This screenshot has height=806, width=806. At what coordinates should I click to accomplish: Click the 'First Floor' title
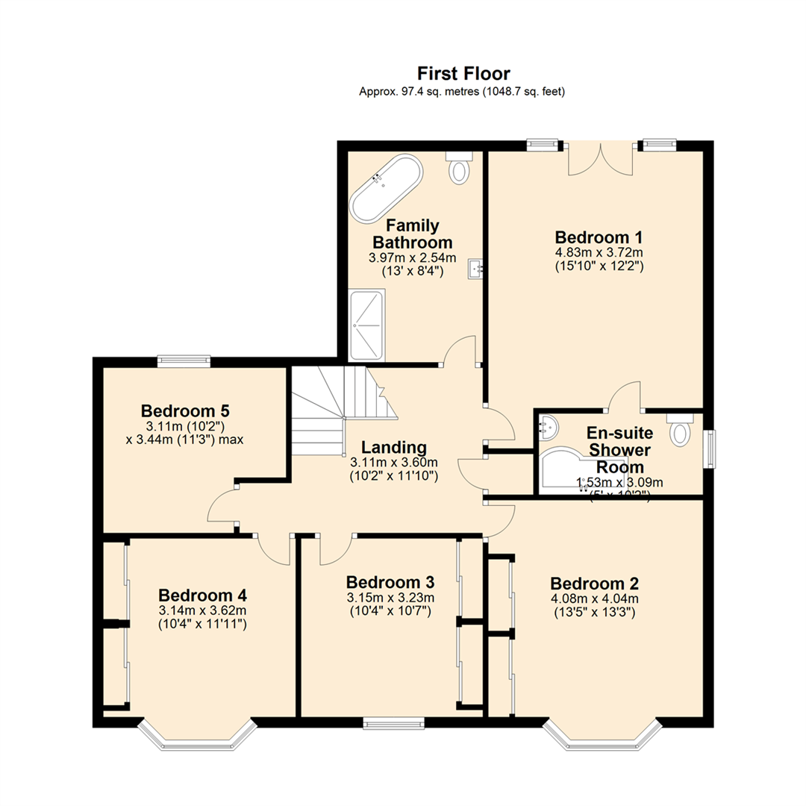coord(463,73)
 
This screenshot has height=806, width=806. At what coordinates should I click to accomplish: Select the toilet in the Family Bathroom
coord(458,169)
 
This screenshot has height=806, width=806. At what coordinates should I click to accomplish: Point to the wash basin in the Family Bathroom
coord(475,269)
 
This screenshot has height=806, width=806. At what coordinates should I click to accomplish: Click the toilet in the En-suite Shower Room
coord(681,430)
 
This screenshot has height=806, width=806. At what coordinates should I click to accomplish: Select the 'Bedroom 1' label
coord(599,237)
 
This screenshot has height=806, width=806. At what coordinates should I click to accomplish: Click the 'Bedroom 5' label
coord(185,411)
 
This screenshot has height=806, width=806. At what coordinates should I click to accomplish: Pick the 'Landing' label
coord(393,448)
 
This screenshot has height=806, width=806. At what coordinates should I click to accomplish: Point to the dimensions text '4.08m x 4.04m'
coord(594,599)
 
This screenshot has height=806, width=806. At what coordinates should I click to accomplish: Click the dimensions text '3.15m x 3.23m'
coord(390,597)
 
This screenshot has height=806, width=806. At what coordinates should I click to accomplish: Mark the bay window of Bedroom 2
coord(602,737)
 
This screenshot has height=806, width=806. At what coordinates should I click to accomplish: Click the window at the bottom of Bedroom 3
coord(393,722)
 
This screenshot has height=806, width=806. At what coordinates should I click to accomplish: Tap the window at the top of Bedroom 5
coord(184,362)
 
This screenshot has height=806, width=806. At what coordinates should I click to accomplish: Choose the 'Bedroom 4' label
coord(202,596)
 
